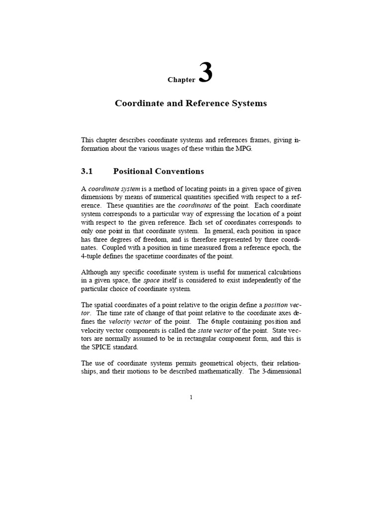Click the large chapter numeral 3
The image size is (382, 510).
click(x=206, y=73)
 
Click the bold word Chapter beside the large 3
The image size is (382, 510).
click(x=181, y=80)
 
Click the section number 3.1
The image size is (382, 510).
click(x=87, y=171)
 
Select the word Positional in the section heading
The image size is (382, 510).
click(x=133, y=171)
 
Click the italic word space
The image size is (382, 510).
click(x=151, y=280)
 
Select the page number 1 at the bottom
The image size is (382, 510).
click(x=191, y=397)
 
